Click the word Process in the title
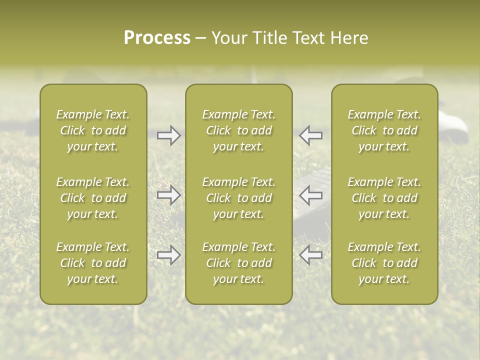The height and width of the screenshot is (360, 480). [x=157, y=38]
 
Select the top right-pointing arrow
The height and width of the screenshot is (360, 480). [x=169, y=135]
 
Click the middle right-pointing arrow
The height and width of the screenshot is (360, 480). [x=169, y=195]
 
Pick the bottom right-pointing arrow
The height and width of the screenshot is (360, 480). [x=169, y=255]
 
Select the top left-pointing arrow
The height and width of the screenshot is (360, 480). [x=311, y=135]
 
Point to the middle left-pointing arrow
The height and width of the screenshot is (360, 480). [x=311, y=195]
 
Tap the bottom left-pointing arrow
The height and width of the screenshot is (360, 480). [x=311, y=255]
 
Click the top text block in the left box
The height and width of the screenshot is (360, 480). [x=93, y=130]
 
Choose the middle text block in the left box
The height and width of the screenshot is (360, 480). [x=93, y=198]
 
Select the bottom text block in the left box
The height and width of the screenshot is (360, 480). [x=93, y=263]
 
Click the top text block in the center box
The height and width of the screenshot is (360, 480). [x=239, y=130]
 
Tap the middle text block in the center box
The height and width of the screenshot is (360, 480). [x=239, y=198]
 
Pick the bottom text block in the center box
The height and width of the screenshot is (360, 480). [x=239, y=263]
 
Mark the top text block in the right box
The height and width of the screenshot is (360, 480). [x=384, y=130]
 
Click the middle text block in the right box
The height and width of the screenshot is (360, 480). [x=384, y=198]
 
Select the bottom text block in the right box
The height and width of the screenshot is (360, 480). [x=384, y=263]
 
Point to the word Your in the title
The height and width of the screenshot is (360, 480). [x=228, y=38]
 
